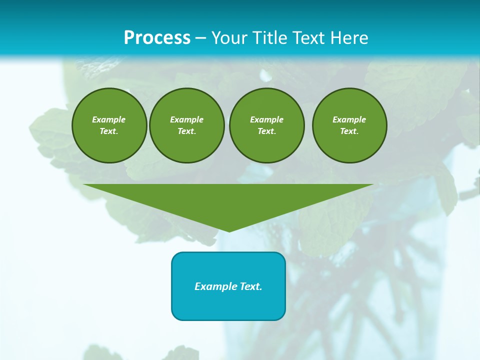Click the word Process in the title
tap(157, 38)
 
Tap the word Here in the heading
tap(349, 38)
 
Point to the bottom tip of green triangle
tap(229, 231)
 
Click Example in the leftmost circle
tap(109, 119)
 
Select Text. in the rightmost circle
tap(349, 131)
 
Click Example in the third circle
tap(266, 119)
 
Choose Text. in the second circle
tap(186, 131)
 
